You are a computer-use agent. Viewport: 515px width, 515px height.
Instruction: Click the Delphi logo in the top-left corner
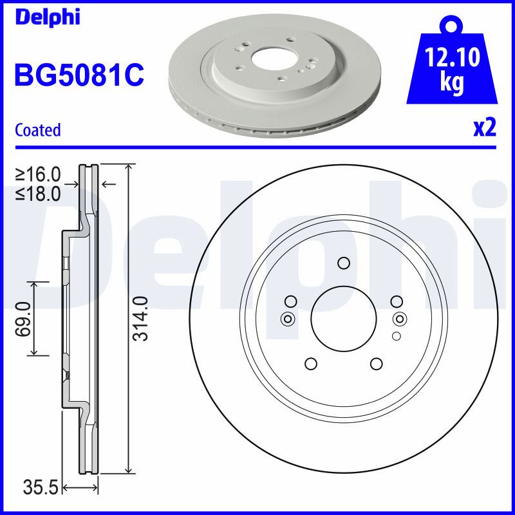coord(48,17)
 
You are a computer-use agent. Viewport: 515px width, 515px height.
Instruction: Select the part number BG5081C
coord(79,75)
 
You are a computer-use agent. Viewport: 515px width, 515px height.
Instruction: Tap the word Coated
coord(38,130)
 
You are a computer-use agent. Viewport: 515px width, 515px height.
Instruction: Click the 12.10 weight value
coord(453,57)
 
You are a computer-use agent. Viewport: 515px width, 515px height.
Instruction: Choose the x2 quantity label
coord(485,128)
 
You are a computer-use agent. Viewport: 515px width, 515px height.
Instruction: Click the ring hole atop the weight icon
coord(452,25)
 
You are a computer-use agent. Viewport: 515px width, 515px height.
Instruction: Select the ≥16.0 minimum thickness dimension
coord(38,174)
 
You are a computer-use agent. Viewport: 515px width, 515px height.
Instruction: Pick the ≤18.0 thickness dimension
coord(38,194)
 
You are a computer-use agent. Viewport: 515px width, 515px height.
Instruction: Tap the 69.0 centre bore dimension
coord(23,319)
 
